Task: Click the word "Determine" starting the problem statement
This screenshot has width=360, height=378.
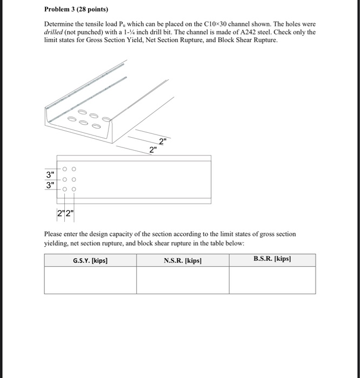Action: click(58, 25)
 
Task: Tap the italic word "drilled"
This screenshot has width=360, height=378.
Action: click(54, 32)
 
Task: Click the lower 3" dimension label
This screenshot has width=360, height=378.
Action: click(51, 186)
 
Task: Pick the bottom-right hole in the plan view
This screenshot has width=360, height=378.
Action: click(74, 190)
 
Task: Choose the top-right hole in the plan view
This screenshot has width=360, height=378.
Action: click(74, 168)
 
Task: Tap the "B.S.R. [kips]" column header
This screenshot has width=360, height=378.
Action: click(272, 259)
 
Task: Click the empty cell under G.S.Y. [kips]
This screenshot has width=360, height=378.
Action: click(90, 280)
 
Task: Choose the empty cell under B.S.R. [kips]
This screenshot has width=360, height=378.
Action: click(272, 280)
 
